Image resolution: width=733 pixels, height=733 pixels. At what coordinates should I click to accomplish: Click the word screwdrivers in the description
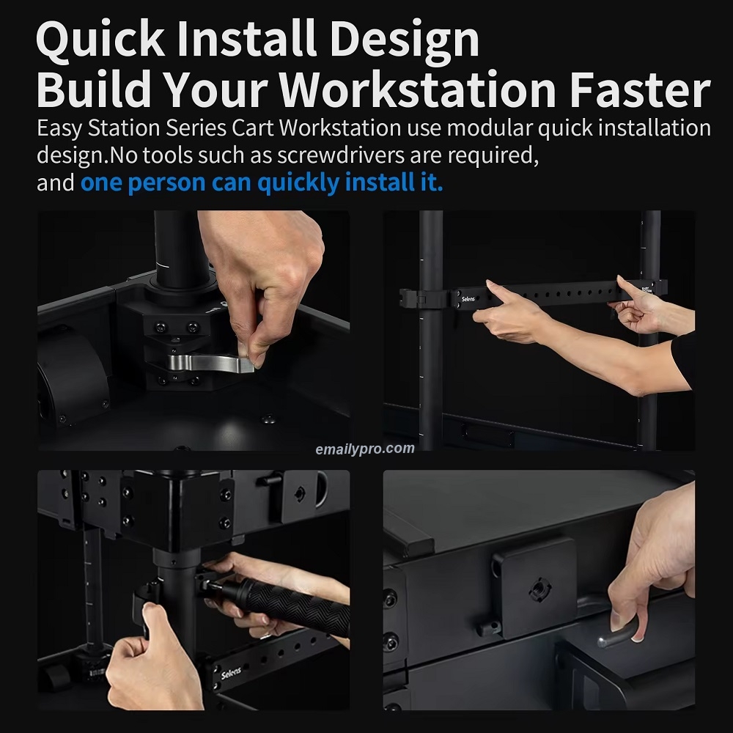341,155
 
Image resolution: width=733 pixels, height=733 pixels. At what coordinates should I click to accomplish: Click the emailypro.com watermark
364,449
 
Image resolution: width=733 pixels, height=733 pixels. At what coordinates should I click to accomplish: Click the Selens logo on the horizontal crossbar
468,299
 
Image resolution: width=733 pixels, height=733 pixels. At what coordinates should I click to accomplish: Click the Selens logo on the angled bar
231,674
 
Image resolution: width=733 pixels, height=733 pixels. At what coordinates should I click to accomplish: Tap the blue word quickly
298,183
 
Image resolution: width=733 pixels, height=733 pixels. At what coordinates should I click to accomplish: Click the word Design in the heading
405,40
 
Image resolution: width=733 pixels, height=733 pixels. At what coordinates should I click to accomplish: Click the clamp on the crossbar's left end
418,299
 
